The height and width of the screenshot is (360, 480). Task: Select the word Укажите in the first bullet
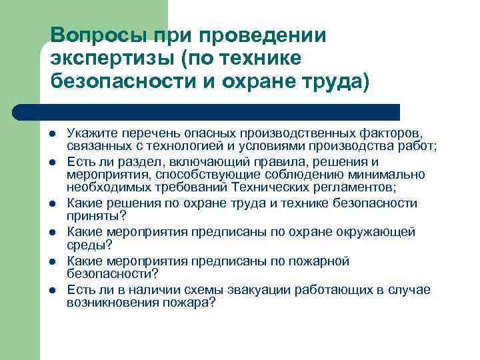pyautogui.click(x=87, y=133)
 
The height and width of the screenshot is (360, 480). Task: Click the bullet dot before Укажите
pyautogui.click(x=52, y=134)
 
